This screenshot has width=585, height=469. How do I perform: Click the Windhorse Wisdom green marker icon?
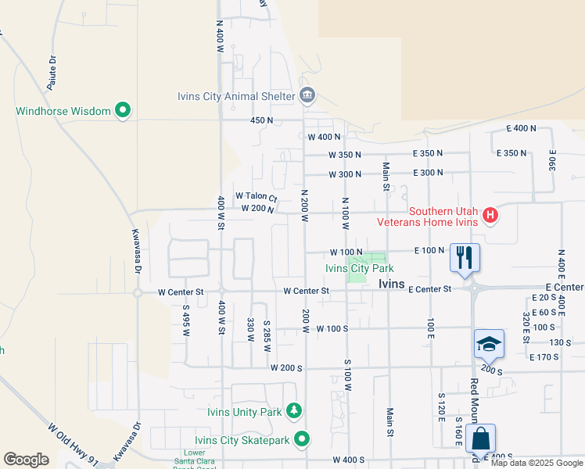122,111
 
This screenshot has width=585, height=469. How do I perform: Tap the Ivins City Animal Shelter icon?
307,96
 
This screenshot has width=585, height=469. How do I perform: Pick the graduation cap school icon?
489,344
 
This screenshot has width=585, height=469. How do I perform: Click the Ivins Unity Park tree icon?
294,411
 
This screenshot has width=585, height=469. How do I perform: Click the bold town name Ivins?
391,285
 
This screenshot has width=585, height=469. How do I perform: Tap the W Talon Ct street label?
257,197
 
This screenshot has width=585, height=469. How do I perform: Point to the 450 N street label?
261,120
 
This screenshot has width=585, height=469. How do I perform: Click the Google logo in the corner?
26,460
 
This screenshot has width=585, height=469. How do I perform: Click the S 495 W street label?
186,320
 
